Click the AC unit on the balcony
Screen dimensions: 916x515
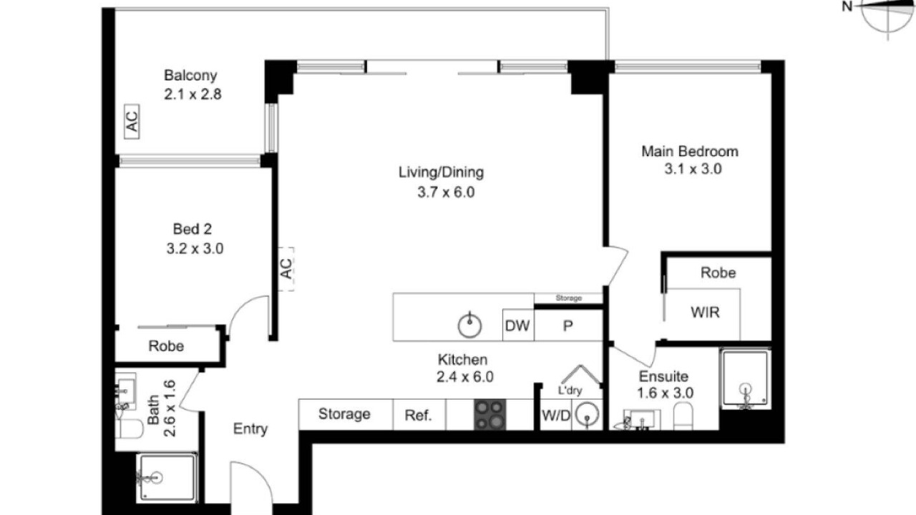132,122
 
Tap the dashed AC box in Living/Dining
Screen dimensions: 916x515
286,269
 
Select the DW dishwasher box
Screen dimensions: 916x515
518,325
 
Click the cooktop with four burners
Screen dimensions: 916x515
490,414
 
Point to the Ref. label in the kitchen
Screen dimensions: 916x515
419,416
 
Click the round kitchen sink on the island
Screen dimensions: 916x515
469,325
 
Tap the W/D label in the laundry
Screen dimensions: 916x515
556,416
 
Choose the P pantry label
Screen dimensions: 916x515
568,325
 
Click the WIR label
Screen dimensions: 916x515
705,313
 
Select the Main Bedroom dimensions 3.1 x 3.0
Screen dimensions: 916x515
693,169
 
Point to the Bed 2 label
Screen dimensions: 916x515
193,229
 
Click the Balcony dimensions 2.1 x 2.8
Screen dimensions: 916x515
193,94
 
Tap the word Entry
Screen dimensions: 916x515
250,428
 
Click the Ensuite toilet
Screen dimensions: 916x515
683,416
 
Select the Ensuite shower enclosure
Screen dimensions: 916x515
746,379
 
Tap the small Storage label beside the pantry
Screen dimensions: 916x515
568,298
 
